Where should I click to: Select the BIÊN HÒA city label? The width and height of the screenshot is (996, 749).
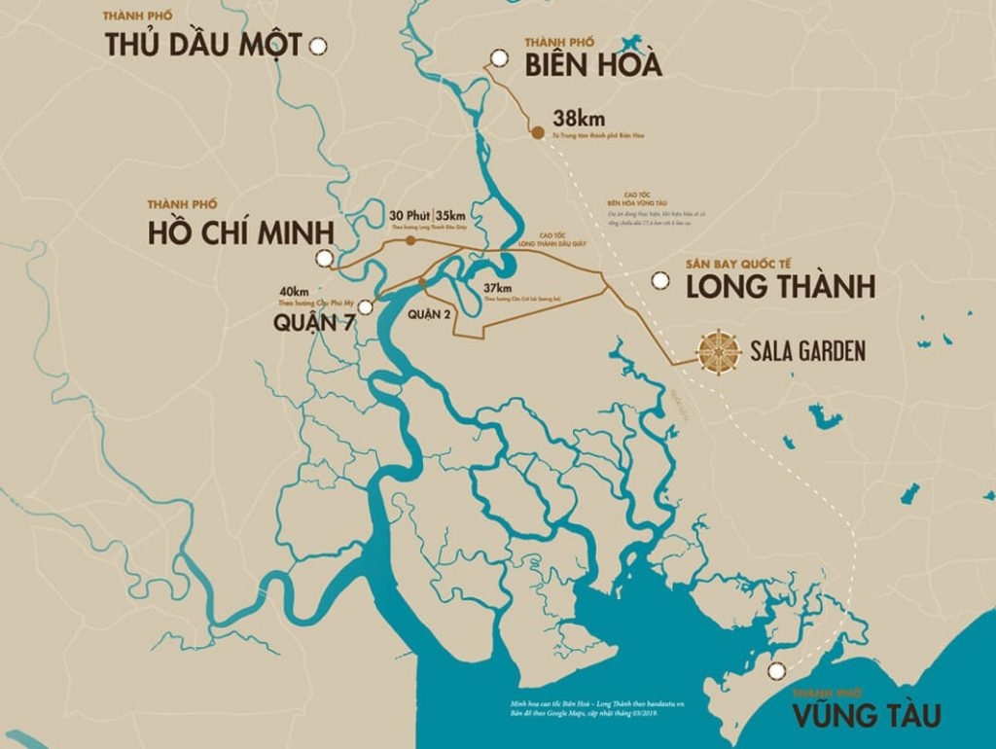[592, 64]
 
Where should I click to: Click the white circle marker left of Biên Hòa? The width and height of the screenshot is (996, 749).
[499, 58]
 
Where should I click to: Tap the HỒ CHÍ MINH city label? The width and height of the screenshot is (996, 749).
[240, 233]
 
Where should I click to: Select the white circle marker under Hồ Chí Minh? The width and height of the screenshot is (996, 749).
[323, 258]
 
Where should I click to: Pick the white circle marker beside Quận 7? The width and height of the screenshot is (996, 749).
[366, 305]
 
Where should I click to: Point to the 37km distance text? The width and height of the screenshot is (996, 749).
[497, 289]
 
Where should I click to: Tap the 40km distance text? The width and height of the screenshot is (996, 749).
[294, 291]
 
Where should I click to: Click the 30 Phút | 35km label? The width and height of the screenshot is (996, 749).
[428, 215]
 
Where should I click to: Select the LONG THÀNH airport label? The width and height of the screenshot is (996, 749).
[780, 287]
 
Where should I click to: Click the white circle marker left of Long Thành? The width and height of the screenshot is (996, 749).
[660, 281]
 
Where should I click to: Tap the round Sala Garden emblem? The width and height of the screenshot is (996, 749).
[720, 351]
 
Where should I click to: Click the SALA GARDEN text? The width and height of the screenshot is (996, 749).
[807, 351]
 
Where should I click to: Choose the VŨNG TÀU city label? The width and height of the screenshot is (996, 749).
[866, 717]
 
